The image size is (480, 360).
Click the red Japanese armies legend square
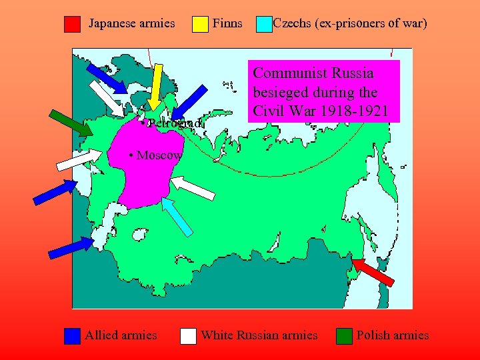pyautogui.click(x=72, y=25)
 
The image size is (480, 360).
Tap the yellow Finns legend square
pyautogui.click(x=200, y=25)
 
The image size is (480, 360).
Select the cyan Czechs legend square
pyautogui.click(x=264, y=25)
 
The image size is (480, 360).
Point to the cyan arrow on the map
pyautogui.click(x=178, y=217)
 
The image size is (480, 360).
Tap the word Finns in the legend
pyautogui.click(x=227, y=24)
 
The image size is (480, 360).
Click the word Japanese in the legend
pyautogui.click(x=111, y=24)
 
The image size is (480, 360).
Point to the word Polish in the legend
pyautogui.click(x=373, y=335)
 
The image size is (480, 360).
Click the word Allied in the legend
pyautogui.click(x=101, y=335)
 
